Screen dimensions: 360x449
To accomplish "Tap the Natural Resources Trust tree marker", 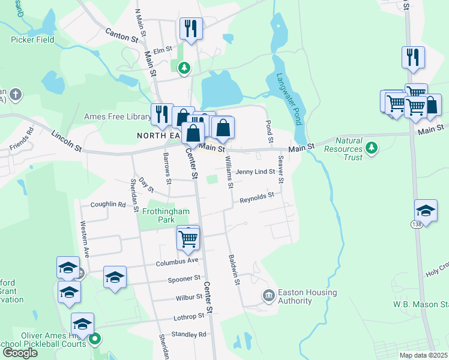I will (372, 147).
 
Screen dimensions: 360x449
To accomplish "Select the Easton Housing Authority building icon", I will (268, 295).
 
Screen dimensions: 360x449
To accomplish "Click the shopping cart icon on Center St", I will (188, 239).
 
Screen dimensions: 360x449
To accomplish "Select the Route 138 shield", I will (415, 224).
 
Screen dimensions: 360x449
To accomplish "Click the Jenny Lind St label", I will (255, 172).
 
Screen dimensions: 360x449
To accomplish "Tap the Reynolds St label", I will (256, 196).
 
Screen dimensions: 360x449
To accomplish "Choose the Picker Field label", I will (32, 40).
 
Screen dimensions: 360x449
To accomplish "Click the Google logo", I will (20, 353).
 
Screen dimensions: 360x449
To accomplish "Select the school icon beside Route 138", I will (426, 211).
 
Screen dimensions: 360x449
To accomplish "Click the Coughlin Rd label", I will (108, 205).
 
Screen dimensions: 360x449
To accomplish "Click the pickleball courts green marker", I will (94, 340).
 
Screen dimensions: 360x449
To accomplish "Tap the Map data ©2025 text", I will (424, 355).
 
